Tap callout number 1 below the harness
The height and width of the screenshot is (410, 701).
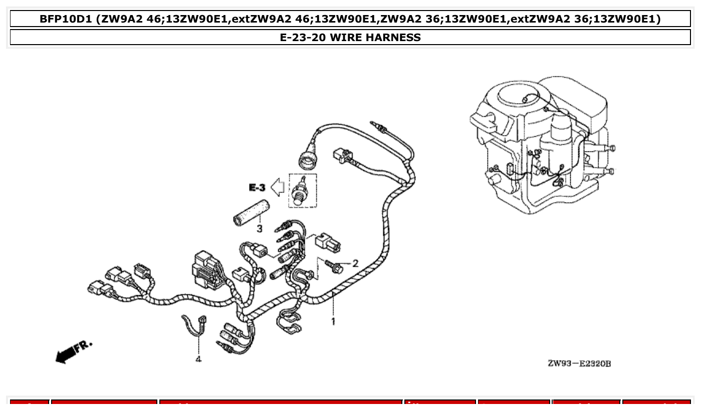pos(333,321)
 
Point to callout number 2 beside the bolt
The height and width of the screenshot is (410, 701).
pos(355,263)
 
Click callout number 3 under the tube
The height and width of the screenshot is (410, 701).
pos(260,229)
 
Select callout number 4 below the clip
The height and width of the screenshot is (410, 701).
pos(198,359)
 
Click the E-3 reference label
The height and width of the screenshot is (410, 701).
pos(257,188)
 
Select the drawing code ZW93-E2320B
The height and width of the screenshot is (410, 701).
pos(579,363)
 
